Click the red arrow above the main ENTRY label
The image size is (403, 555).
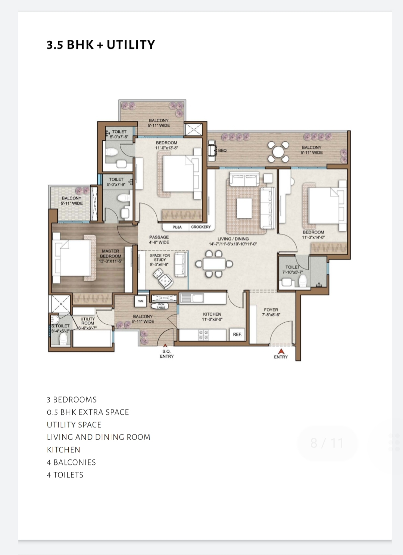[281, 351]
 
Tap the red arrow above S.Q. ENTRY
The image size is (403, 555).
[165, 346]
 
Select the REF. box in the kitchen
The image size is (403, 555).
[237, 335]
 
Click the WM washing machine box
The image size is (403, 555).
[141, 301]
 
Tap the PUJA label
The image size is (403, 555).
[177, 227]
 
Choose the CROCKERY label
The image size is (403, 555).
[201, 227]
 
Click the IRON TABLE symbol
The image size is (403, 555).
[160, 306]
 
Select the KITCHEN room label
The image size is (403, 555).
[212, 314]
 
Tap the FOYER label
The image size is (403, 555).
[271, 310]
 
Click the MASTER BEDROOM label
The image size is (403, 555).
[110, 254]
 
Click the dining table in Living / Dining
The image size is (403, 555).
[214, 264]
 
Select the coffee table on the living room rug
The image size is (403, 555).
[244, 208]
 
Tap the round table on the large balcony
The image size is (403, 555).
[278, 152]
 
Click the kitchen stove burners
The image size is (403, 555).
[203, 335]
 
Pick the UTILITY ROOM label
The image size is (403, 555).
[87, 321]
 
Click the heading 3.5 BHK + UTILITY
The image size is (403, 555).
[101, 45]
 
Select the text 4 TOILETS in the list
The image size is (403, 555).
[65, 475]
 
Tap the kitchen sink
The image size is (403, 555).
[192, 298]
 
